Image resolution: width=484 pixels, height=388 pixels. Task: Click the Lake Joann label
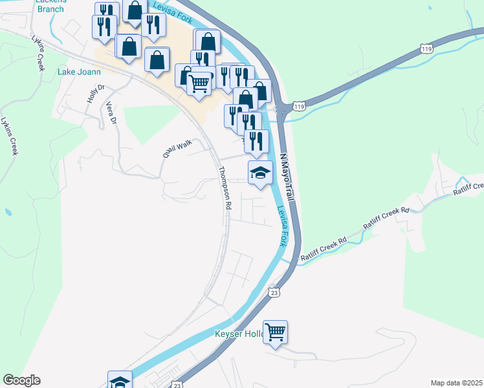pyautogui.click(x=80, y=72)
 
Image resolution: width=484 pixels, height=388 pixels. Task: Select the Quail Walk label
pyautogui.click(x=177, y=149)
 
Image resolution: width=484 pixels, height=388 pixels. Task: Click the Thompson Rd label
pyautogui.click(x=225, y=188)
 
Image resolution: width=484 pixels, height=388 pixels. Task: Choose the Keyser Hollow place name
pyautogui.click(x=240, y=334)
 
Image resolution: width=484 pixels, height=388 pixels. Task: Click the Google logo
pyautogui.click(x=21, y=380)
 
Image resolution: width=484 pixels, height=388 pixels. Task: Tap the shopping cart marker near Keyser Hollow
pyautogui.click(x=276, y=332)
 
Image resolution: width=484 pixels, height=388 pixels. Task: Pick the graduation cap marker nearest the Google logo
pyautogui.click(x=120, y=381)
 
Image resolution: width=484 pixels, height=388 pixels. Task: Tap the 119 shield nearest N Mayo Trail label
pyautogui.click(x=298, y=106)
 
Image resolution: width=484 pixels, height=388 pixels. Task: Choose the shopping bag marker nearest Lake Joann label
pyautogui.click(x=128, y=46)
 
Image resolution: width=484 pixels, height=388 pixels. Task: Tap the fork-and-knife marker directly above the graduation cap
pyautogui.click(x=257, y=140)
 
